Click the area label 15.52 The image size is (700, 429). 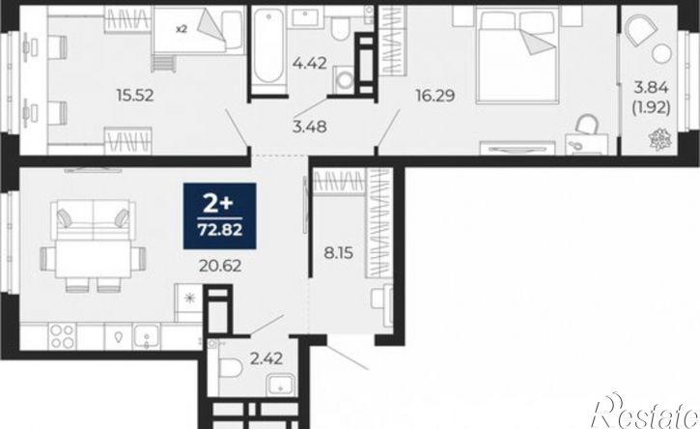click(x=135, y=96)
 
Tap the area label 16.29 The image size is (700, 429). click(x=435, y=96)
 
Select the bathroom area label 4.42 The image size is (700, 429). click(x=309, y=63)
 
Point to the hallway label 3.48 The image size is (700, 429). click(x=309, y=127)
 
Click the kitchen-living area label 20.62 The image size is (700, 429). click(x=220, y=266)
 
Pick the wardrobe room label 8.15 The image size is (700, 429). click(x=338, y=253)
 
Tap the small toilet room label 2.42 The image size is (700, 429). click(x=266, y=357)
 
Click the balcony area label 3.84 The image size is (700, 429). click(x=652, y=88)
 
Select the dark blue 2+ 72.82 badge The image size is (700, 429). click(x=219, y=215)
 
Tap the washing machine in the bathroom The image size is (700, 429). click(x=344, y=80)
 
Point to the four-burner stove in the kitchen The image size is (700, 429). click(x=62, y=336)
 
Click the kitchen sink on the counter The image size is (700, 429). click(x=147, y=336)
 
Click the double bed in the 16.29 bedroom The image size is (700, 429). click(x=518, y=55)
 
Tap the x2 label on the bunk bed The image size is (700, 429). click(x=181, y=29)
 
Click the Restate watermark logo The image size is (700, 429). click(x=644, y=412)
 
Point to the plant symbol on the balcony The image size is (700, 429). click(x=659, y=139)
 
